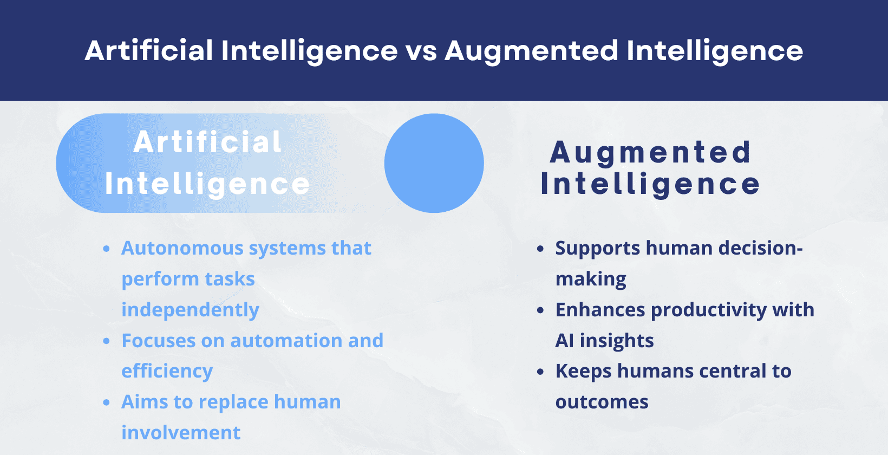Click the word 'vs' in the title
point(421,51)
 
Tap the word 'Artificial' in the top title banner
point(149,51)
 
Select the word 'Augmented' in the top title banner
point(531,51)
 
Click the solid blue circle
point(434,163)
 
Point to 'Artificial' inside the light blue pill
point(207,142)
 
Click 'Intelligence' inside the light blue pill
point(207,184)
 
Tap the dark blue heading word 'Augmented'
point(650,152)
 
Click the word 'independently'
point(190,310)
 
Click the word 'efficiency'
point(167,372)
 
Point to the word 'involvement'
point(181,433)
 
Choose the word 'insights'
point(617,341)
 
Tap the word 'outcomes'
point(602,402)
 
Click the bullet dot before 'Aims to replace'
point(107,402)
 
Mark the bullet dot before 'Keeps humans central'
point(540,372)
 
